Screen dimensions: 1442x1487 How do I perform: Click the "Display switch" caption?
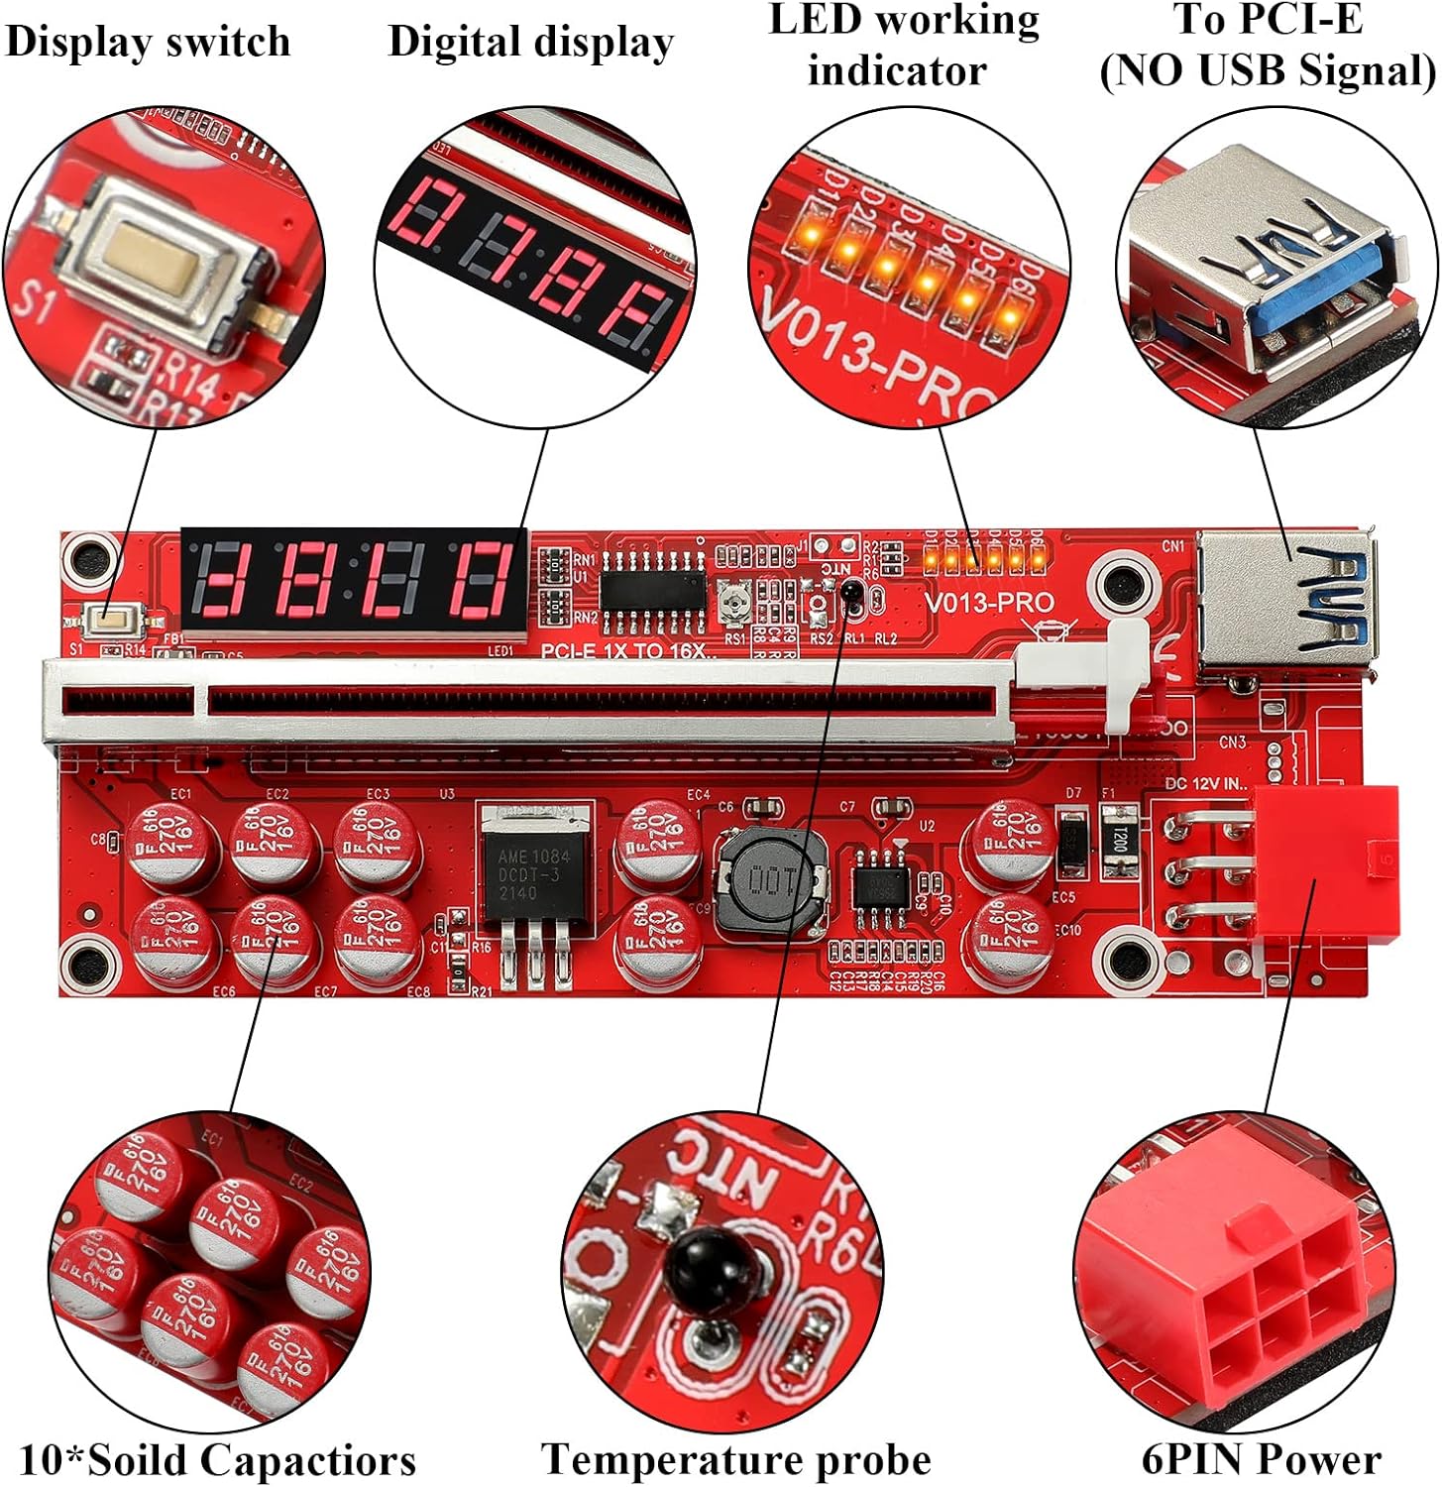coord(148,43)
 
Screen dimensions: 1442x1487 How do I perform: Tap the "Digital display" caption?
coord(530,43)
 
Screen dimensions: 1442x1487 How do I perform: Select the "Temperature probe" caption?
coord(735,1460)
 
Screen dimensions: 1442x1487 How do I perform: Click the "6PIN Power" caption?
coord(1261,1459)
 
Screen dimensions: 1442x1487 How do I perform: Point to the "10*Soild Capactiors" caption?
coord(217,1461)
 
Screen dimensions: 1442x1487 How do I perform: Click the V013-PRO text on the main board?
coord(989,603)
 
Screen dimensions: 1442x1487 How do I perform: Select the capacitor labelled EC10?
coord(1012,937)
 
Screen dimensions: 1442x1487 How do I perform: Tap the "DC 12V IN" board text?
coord(1205,783)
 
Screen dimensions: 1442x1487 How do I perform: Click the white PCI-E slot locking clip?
coord(1119,674)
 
